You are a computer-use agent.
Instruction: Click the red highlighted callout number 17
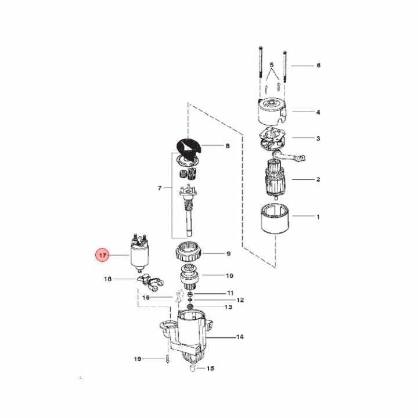pos(102,255)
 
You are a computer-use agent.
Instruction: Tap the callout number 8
pos(228,146)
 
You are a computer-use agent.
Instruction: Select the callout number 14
pos(240,337)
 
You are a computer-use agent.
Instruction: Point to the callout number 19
pos(138,359)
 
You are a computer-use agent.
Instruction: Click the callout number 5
pos(271,65)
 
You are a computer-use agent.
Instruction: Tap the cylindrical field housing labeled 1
pos(275,218)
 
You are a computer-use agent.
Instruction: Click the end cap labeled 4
pos(272,111)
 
